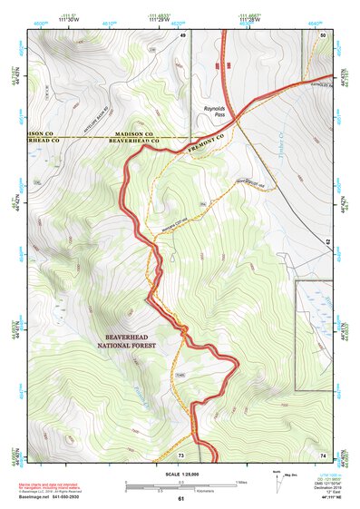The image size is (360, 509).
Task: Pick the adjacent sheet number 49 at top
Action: click(x=182, y=34)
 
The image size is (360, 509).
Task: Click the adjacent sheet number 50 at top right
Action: click(x=323, y=34)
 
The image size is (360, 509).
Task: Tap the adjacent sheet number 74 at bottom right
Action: click(x=323, y=455)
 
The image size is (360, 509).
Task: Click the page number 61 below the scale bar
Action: click(x=180, y=498)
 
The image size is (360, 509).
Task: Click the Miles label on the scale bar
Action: click(x=240, y=482)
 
